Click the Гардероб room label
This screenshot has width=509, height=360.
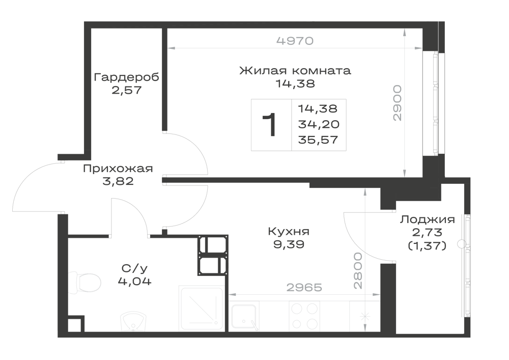pos(127,77)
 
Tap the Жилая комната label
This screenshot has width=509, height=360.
pos(295,70)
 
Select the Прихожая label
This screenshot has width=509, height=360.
pos(118,169)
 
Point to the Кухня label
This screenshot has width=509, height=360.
pos(289,232)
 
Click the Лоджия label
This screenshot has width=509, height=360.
pos(427,220)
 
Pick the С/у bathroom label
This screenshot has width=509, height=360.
pos(134,268)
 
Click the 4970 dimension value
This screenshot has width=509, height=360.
pos(295,41)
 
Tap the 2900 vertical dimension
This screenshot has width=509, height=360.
pos(398,103)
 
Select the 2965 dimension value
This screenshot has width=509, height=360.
pos(304,287)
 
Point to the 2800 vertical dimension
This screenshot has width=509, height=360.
pos(358,271)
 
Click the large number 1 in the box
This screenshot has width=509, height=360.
pos(269,125)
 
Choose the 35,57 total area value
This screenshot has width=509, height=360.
pos(318,140)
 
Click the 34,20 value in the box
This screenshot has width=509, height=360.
pos(319,124)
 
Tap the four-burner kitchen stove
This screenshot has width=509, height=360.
pos(304,316)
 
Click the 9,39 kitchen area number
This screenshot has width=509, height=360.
pos(289,244)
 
